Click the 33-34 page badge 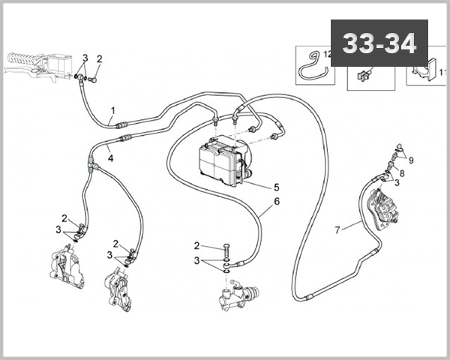[379, 43]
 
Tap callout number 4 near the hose [109, 158]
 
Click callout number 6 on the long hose [277, 202]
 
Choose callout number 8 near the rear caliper [401, 173]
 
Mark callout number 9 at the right [411, 160]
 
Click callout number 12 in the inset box [326, 54]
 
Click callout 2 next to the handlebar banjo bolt [99, 58]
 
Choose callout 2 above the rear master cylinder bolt [196, 246]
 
